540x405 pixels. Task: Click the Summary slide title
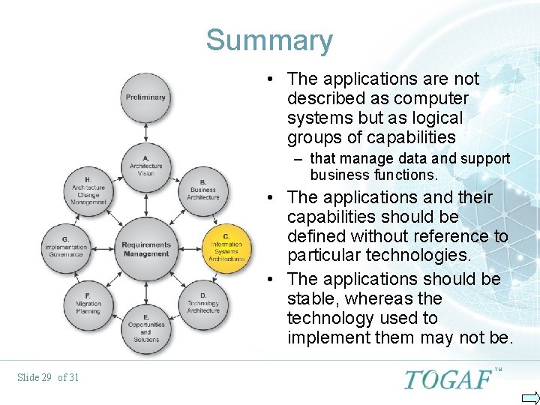click(269, 40)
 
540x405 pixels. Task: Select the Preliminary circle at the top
click(145, 97)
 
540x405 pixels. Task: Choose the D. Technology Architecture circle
click(203, 304)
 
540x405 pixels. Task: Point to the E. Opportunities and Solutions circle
click(145, 328)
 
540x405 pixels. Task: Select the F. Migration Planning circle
click(88, 304)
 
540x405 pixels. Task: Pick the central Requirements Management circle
click(145, 247)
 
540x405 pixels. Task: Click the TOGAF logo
click(449, 379)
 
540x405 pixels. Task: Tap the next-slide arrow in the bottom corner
click(530, 397)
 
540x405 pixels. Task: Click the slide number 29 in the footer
click(45, 377)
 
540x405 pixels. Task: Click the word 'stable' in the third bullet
click(310, 298)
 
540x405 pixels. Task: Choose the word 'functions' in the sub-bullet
click(409, 175)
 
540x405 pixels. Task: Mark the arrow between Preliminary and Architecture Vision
click(145, 132)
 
